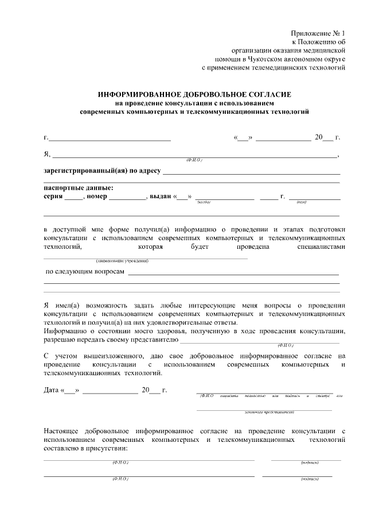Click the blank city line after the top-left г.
110,138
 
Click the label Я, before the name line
47,154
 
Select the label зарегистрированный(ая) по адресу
102,171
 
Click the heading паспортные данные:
79,188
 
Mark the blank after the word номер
128,197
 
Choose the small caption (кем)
301,202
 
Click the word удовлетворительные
185,322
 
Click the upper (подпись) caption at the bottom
310,463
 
